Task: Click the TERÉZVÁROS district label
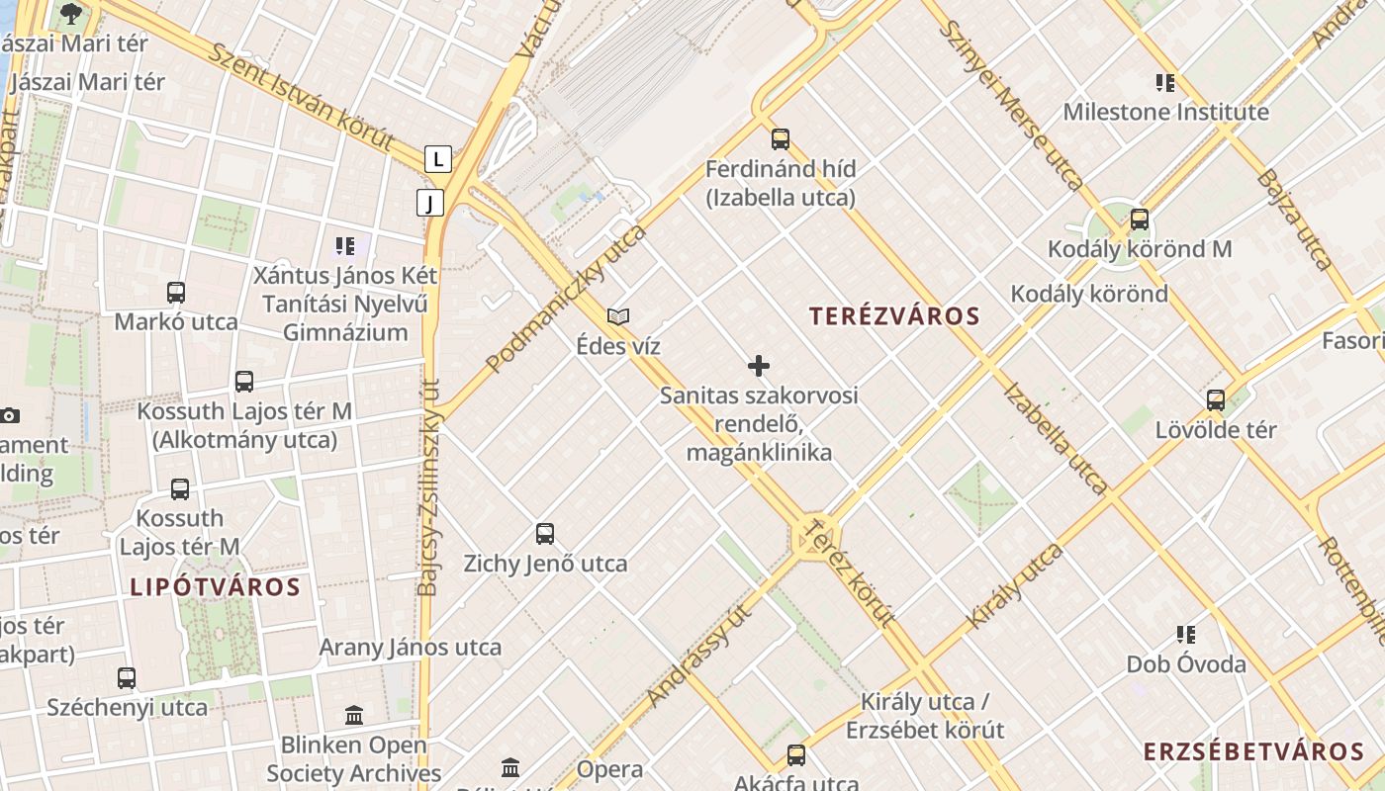click(894, 316)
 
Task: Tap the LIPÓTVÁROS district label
click(215, 587)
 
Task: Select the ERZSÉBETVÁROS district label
click(1254, 751)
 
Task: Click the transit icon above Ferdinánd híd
click(781, 139)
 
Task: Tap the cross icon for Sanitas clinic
click(759, 367)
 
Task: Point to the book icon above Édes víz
click(618, 317)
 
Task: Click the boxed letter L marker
click(438, 158)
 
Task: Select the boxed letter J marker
click(429, 204)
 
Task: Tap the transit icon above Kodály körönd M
click(1140, 220)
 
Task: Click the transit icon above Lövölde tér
click(1216, 400)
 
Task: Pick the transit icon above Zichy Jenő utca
click(545, 534)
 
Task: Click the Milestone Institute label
click(1165, 112)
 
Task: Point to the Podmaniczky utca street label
click(566, 299)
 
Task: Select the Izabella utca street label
click(1055, 436)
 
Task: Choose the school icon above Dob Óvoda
click(1186, 635)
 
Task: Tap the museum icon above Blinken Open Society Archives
click(354, 715)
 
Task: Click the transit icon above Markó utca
click(176, 293)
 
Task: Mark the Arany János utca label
click(410, 648)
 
